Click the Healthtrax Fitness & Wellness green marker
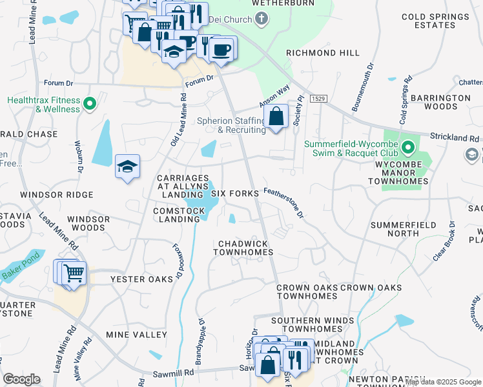pyautogui.click(x=90, y=102)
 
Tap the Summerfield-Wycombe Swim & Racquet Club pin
pyautogui.click(x=407, y=148)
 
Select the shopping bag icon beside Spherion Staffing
pyautogui.click(x=276, y=117)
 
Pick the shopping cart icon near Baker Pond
pyautogui.click(x=74, y=273)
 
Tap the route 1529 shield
pyautogui.click(x=316, y=98)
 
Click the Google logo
pyautogui.click(x=22, y=379)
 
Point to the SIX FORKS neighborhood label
pyautogui.click(x=235, y=193)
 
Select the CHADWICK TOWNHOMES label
pyautogui.click(x=245, y=248)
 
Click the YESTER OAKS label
pyautogui.click(x=141, y=279)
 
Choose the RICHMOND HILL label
pyautogui.click(x=314, y=54)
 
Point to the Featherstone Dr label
pyautogui.click(x=285, y=203)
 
